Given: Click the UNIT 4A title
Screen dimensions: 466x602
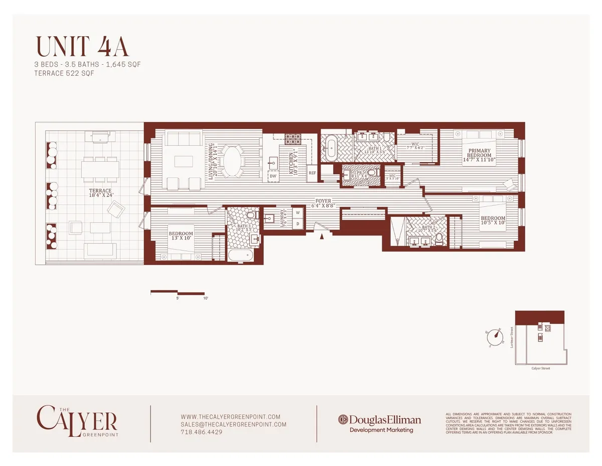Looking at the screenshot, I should [x=82, y=47].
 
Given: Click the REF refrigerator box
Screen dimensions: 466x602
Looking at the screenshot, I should [x=312, y=173].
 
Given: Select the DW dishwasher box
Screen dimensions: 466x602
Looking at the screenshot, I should [x=273, y=176].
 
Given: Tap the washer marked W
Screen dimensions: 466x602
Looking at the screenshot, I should [x=297, y=213].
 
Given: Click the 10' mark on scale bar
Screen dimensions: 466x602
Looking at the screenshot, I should [x=206, y=298].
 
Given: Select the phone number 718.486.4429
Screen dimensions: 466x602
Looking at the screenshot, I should [x=201, y=432].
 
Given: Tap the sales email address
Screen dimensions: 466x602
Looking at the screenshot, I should [x=233, y=424].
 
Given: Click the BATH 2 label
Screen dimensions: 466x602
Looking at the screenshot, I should [x=428, y=227].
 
